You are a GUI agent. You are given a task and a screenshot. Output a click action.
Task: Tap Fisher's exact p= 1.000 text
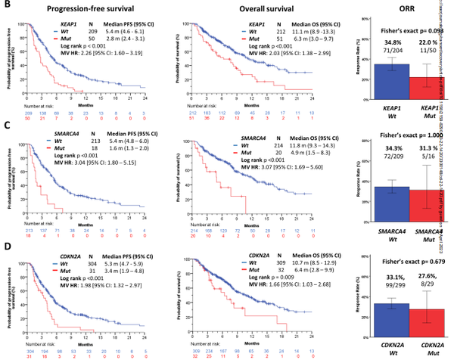[x=396, y=138]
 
